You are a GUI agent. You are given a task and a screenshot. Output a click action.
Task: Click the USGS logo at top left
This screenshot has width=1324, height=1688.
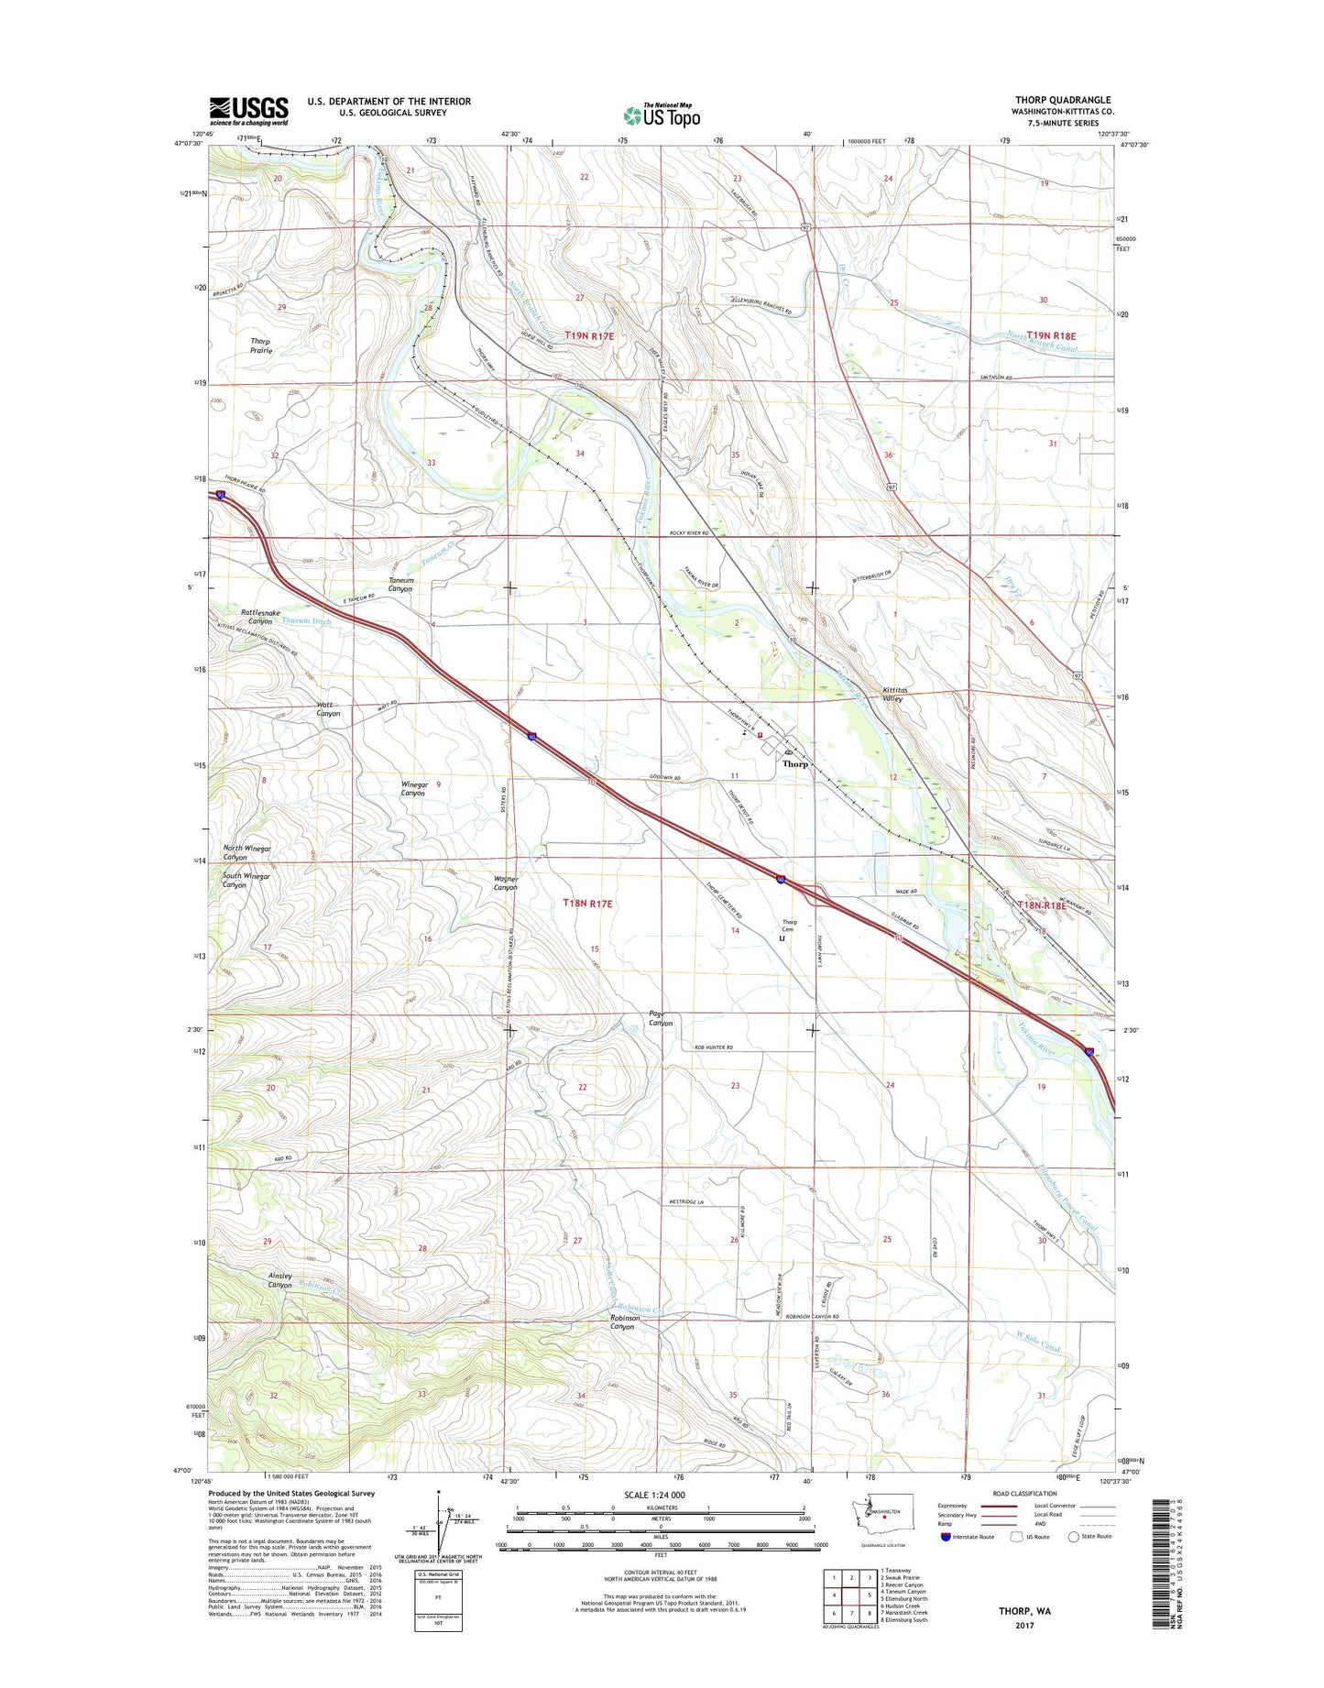[x=248, y=111]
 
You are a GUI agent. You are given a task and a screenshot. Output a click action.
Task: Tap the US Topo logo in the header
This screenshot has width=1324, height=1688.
[x=662, y=115]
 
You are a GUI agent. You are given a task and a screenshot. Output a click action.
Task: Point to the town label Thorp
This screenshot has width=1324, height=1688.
[x=795, y=763]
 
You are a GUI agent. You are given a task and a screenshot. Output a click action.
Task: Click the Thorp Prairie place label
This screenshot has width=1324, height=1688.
[x=260, y=345]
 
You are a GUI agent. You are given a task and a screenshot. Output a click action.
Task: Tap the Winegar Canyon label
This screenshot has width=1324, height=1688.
[x=413, y=788]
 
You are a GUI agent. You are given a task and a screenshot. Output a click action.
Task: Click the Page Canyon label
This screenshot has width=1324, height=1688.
[x=660, y=1018]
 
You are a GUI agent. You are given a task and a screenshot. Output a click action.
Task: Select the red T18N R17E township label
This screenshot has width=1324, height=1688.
[x=587, y=904]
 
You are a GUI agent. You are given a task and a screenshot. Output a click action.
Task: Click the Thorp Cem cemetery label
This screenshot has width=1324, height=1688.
[x=789, y=926]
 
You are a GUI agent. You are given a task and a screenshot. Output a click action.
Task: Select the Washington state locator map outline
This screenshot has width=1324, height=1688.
[x=876, y=1514]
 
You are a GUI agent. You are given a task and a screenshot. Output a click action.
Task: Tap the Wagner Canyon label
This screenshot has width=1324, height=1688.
[x=506, y=882]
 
